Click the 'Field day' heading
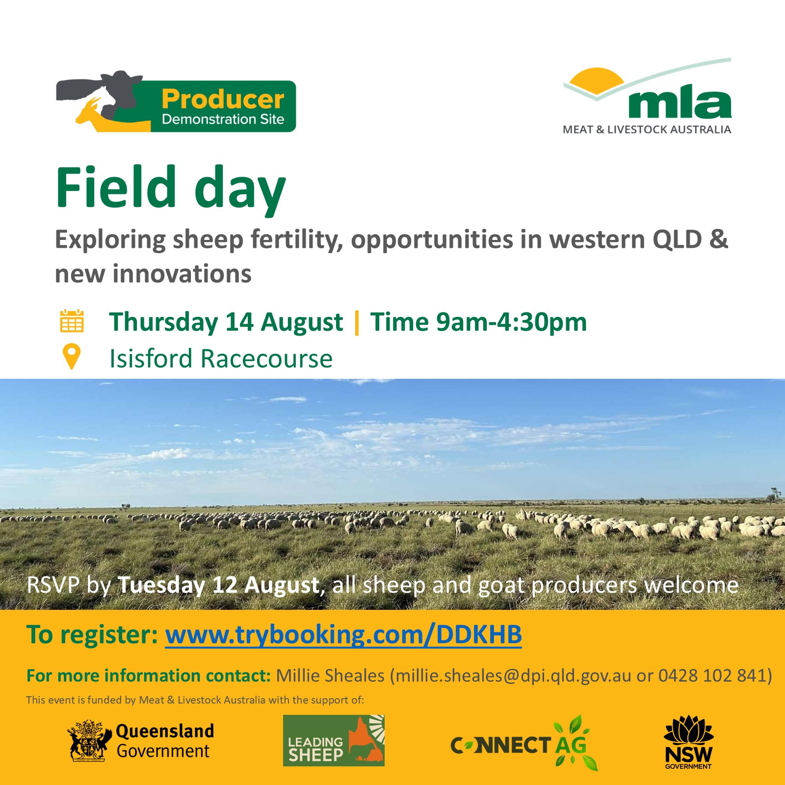[171, 188]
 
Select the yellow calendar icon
[72, 321]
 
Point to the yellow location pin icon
[72, 357]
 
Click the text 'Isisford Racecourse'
[221, 359]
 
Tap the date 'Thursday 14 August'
[226, 322]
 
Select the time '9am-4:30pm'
[512, 322]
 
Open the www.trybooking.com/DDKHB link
[343, 635]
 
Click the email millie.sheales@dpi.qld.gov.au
[514, 676]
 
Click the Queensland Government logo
[141, 741]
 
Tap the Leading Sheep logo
[334, 740]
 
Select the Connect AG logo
[524, 743]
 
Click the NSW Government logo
[688, 742]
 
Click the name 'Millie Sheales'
[330, 676]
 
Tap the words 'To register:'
[92, 635]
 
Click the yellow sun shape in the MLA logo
[596, 80]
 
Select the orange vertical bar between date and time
[357, 322]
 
